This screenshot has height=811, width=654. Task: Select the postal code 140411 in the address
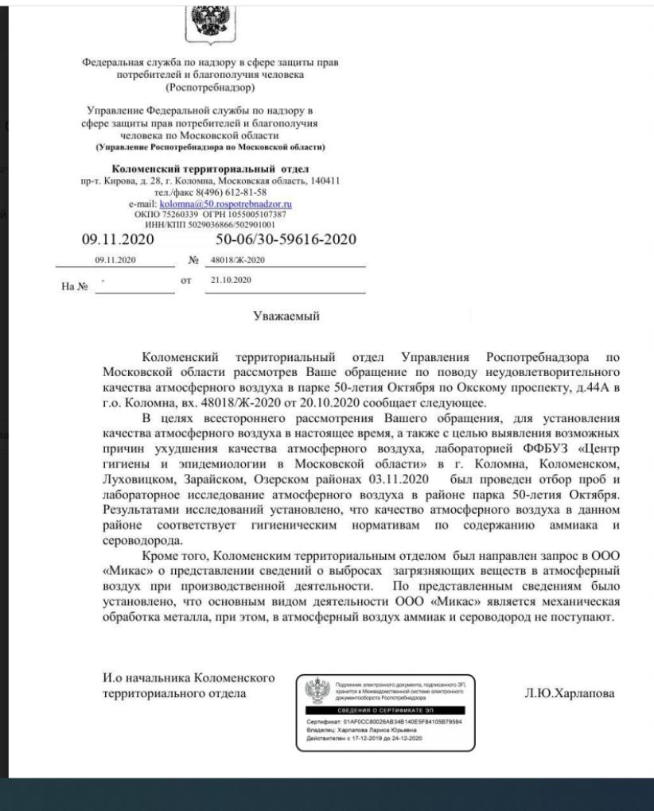pos(325,180)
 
